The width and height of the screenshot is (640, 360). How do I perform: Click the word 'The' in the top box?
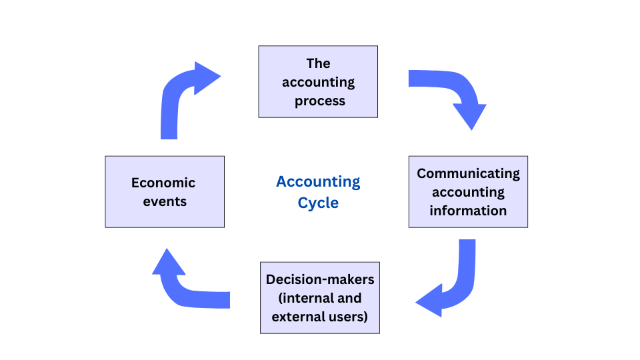click(x=318, y=63)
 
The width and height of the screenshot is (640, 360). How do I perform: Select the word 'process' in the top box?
click(x=320, y=101)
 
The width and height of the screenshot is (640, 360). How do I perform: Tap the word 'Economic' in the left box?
click(x=163, y=183)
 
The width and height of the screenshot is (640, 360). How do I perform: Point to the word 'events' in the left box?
click(x=164, y=201)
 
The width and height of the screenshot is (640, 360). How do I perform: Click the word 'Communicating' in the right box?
click(x=468, y=173)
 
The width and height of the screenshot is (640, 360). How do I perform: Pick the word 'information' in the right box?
click(x=468, y=211)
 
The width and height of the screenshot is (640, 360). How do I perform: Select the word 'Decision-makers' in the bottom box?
click(x=320, y=279)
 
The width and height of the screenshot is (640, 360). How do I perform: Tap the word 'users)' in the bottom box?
click(x=349, y=317)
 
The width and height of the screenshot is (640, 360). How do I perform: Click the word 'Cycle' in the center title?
click(x=318, y=203)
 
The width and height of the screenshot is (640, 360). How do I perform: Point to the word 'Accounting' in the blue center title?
click(x=318, y=181)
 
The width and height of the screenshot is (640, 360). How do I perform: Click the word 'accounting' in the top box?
click(x=318, y=83)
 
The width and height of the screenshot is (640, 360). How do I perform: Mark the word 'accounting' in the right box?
click(x=468, y=192)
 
